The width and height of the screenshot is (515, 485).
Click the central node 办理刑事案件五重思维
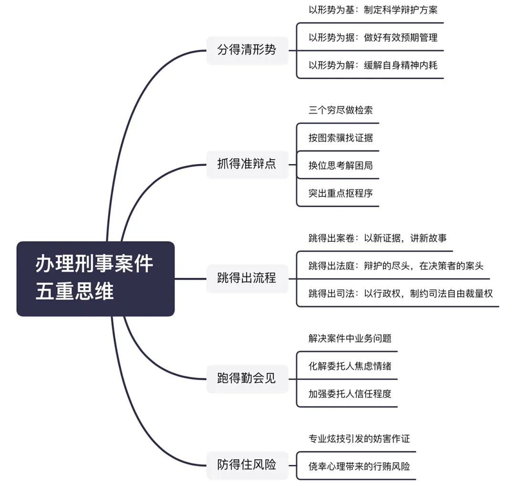pyautogui.click(x=95, y=279)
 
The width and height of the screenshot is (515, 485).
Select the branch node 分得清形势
pyautogui.click(x=247, y=50)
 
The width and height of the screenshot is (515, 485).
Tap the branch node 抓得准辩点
pyautogui.click(x=247, y=165)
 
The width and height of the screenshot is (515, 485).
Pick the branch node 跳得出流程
pyautogui.click(x=247, y=279)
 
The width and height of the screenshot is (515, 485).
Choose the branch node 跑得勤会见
pyautogui.click(x=247, y=379)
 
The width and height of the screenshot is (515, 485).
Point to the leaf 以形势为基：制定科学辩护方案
pyautogui.click(x=372, y=10)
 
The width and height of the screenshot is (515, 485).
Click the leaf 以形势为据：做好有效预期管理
pyautogui.click(x=372, y=37)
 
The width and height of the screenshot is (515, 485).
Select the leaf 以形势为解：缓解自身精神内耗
pyautogui.click(x=372, y=65)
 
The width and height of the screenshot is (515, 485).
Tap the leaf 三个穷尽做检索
pyautogui.click(x=340, y=110)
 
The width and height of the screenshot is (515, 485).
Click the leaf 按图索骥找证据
pyautogui.click(x=340, y=138)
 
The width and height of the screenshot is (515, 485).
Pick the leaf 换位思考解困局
pyautogui.click(x=340, y=166)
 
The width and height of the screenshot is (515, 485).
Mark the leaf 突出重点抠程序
pyautogui.click(x=340, y=194)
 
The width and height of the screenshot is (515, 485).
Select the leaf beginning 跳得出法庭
pyautogui.click(x=396, y=266)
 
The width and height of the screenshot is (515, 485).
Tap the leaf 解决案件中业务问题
pyautogui.click(x=350, y=339)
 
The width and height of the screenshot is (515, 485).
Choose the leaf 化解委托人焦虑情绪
pyautogui.click(x=350, y=366)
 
